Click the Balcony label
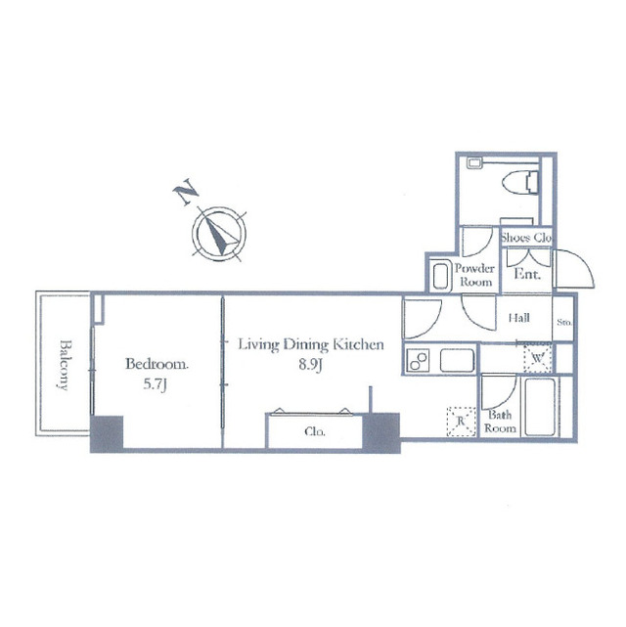click(x=65, y=364)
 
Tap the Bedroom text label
click(x=156, y=364)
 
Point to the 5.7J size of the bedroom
click(x=156, y=385)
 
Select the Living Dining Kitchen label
click(x=311, y=344)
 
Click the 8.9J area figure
click(x=311, y=365)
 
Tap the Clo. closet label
click(x=315, y=432)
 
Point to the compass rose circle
click(x=219, y=234)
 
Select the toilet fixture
click(x=520, y=182)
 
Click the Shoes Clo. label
click(x=526, y=238)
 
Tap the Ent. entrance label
click(x=527, y=274)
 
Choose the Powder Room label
click(x=475, y=275)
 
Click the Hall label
click(x=518, y=318)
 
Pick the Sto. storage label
click(x=564, y=322)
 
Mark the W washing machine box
click(x=538, y=358)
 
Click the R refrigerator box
click(x=462, y=422)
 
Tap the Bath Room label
click(x=500, y=422)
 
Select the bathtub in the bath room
click(x=540, y=407)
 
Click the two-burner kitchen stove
click(x=418, y=360)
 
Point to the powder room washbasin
click(x=441, y=276)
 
